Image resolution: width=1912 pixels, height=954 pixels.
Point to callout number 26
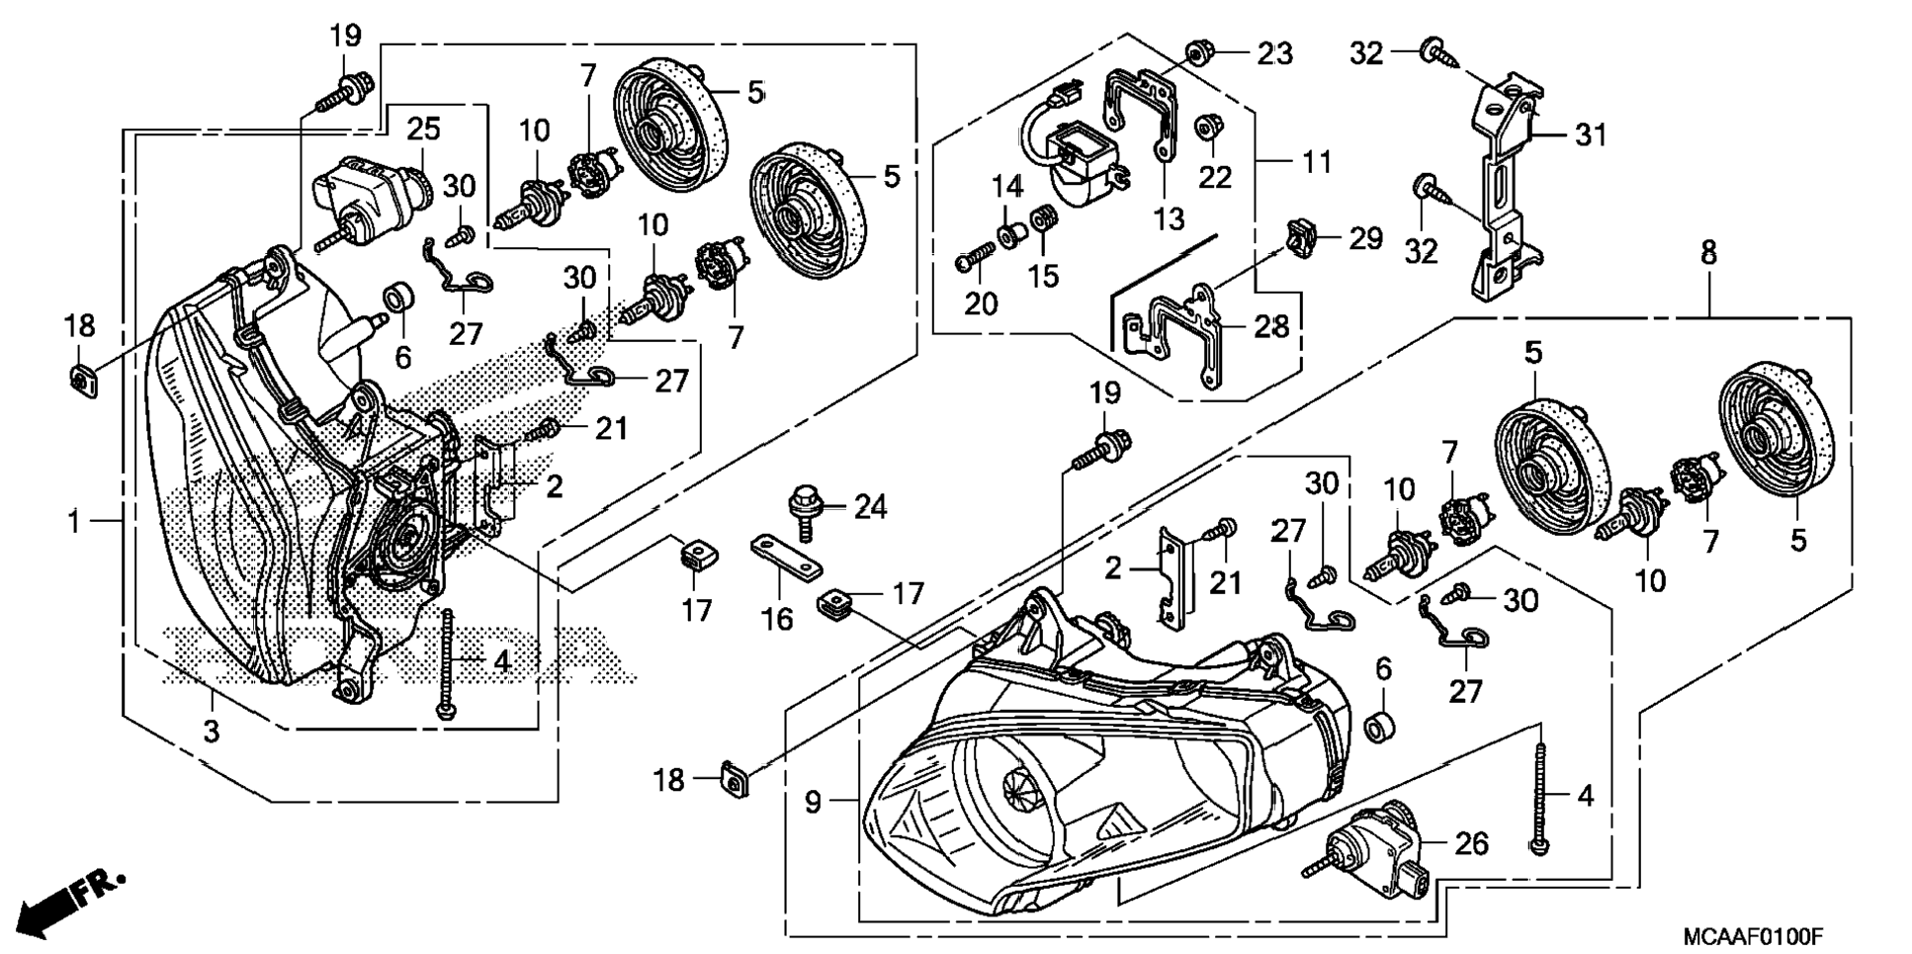click(1471, 843)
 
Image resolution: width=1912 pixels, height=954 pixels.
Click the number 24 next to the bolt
click(870, 507)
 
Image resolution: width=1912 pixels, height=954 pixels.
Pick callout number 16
click(777, 619)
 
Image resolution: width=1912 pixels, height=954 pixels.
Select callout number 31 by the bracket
click(1591, 134)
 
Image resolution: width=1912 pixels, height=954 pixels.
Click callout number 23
click(1274, 53)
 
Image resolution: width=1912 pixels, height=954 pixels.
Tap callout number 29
click(1365, 238)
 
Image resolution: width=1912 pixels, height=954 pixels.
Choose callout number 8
click(1708, 253)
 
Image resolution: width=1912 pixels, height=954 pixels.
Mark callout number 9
click(813, 802)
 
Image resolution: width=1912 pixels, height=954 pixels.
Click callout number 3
click(211, 732)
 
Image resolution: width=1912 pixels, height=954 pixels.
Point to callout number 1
click(74, 520)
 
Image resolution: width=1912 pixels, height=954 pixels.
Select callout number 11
click(1316, 161)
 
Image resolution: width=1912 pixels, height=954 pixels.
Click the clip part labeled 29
click(1302, 238)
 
